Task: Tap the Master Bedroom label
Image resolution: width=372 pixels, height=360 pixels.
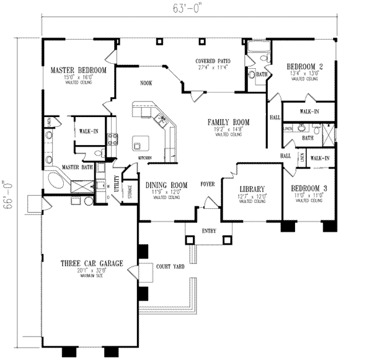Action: [78, 71]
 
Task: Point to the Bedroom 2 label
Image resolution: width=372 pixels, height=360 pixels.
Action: [304, 66]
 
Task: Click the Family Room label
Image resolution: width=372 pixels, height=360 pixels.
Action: [228, 123]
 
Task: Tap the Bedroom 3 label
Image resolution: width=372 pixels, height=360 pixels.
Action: [304, 188]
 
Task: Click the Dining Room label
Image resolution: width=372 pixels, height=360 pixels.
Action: [166, 185]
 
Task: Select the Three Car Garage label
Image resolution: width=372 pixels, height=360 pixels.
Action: [87, 263]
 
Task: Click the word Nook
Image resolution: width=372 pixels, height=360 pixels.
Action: [146, 82]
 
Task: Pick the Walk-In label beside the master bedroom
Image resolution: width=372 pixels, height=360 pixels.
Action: [85, 131]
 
